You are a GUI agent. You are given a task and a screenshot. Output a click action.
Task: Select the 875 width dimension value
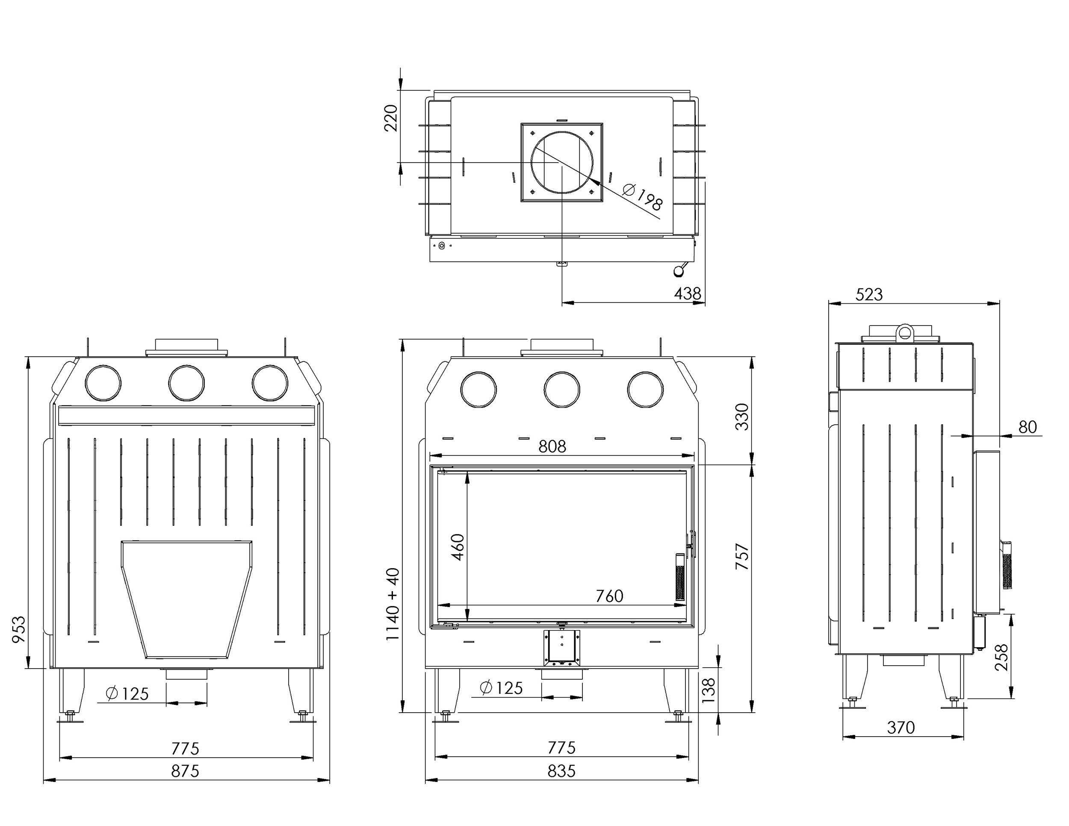tap(185, 771)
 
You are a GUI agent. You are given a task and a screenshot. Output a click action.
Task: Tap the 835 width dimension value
tap(561, 771)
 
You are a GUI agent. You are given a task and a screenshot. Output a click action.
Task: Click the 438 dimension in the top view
tap(687, 294)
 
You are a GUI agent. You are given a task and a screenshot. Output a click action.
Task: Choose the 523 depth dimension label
tap(869, 295)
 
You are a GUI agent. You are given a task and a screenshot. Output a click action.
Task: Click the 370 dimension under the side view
tap(901, 728)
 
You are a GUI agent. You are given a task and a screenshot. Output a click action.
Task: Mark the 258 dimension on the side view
tap(1002, 657)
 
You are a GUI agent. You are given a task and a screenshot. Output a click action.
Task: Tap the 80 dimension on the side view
tap(1028, 427)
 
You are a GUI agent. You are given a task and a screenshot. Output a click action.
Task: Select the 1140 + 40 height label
tap(393, 604)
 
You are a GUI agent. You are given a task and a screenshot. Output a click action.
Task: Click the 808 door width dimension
tap(552, 447)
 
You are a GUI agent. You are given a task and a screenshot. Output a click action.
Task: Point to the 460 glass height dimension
tap(457, 548)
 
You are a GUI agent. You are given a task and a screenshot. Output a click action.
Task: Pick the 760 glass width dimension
tap(609, 596)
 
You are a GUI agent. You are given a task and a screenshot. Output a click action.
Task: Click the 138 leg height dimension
tap(708, 690)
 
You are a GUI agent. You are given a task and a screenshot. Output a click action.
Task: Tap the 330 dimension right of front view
tap(742, 417)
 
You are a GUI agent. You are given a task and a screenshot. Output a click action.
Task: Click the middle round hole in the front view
tap(562, 390)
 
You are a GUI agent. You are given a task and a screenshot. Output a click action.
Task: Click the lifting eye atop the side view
tap(906, 332)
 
